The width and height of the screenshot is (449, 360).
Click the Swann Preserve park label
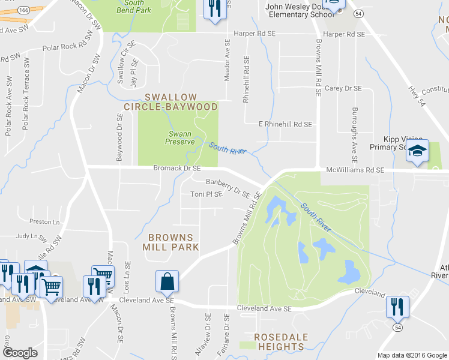[x=180, y=137]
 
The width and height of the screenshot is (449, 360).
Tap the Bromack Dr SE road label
[x=177, y=169]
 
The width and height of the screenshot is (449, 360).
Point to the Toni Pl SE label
[x=206, y=194]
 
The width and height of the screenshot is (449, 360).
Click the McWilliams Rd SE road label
[x=355, y=170]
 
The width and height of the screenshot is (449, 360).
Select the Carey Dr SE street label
[x=343, y=88]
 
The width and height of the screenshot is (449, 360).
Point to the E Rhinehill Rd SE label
[x=285, y=124]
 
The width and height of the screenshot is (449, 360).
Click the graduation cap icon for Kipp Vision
[x=417, y=152]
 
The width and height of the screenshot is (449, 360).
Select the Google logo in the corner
[x=20, y=352]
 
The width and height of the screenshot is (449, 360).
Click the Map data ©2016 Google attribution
[x=412, y=355]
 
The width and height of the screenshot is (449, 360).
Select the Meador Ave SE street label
[x=227, y=61]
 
